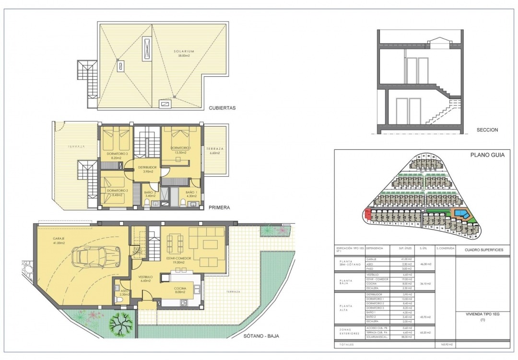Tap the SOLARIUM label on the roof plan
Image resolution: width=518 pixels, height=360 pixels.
pos(184,51)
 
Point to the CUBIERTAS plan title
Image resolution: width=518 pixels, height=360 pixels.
pos(222,108)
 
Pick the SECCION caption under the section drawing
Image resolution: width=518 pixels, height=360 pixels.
pos(487,130)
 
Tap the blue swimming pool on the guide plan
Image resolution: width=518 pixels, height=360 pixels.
pos(459,213)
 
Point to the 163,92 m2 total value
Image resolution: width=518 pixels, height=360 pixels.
pos(447,345)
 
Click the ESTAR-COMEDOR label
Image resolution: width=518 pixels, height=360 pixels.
pos(178,258)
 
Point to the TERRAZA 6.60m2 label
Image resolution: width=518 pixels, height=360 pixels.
pos(214,151)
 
